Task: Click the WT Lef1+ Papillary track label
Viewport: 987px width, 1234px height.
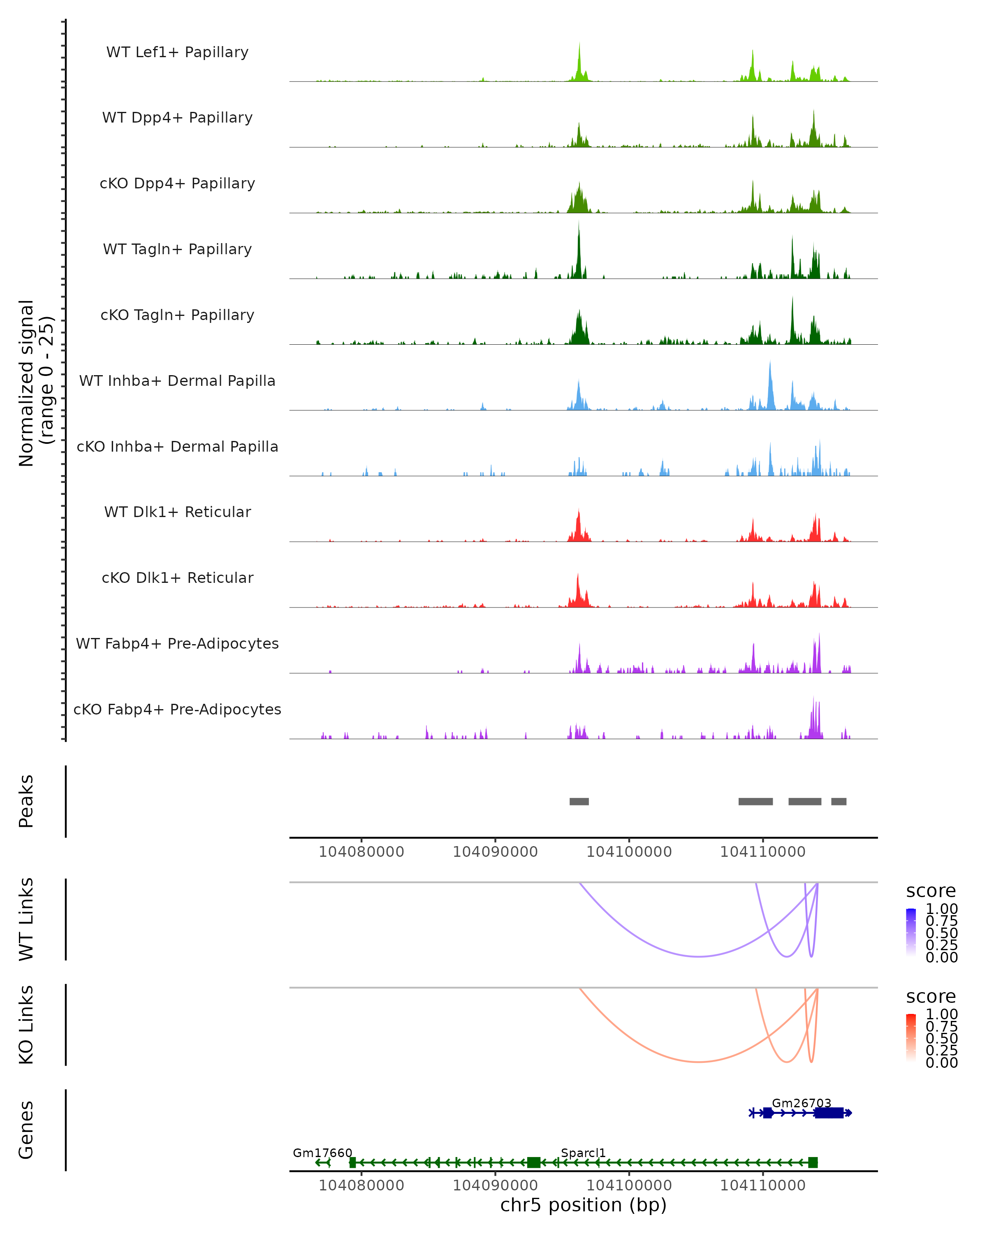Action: (x=177, y=52)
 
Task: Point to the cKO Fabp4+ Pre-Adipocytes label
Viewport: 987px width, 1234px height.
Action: (x=177, y=709)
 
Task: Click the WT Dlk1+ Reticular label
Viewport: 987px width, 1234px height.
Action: (x=177, y=512)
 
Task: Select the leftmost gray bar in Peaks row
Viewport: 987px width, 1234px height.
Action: (x=579, y=801)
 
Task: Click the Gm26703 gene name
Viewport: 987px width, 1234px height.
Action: (x=801, y=1103)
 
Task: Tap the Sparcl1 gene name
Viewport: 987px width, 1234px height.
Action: (x=583, y=1153)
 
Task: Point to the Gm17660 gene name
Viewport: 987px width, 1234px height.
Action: (x=322, y=1153)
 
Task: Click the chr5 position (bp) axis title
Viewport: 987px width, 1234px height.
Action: (x=583, y=1205)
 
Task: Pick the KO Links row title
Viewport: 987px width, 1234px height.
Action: (x=26, y=1025)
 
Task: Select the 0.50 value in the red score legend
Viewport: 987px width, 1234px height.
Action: (x=941, y=1038)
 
